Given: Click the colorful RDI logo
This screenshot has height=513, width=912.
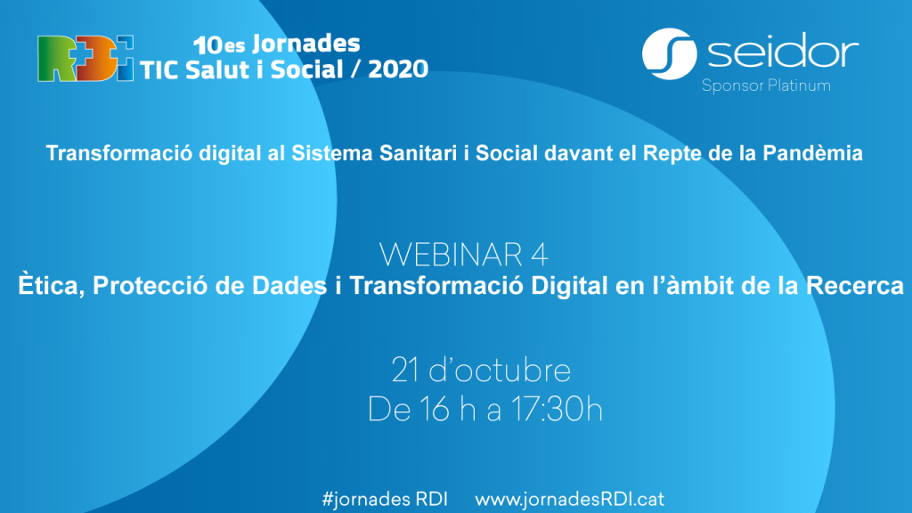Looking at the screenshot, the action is tap(85, 59).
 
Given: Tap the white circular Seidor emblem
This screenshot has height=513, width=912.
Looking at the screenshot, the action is tap(670, 54).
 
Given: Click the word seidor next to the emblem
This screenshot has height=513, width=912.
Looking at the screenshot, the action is tap(783, 51).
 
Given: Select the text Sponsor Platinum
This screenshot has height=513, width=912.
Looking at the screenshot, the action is tap(766, 86).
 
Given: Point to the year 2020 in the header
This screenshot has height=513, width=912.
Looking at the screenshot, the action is tap(398, 69).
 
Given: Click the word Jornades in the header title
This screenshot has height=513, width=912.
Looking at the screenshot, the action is tap(306, 44).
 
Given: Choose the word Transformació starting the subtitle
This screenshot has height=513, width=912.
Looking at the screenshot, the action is tap(119, 153).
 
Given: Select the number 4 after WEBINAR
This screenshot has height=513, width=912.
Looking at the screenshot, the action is tap(540, 255).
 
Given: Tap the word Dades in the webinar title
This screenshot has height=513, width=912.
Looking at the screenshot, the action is tap(289, 286).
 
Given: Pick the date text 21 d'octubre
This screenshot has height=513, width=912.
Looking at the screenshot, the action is tap(481, 370).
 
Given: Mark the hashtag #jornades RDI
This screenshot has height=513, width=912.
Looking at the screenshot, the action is tap(385, 500).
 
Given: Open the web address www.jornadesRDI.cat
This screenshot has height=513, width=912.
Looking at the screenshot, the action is tap(569, 500).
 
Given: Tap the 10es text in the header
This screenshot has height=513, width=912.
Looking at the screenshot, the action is tap(219, 45).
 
